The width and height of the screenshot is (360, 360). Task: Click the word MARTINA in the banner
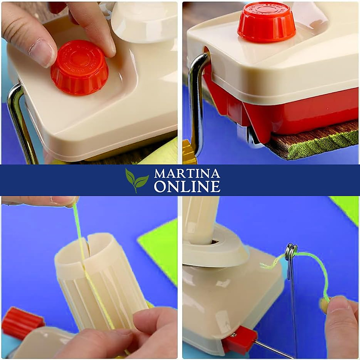[x=187, y=174]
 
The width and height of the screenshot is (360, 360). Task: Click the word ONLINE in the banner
[x=187, y=187]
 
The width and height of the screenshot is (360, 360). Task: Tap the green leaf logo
[x=136, y=180]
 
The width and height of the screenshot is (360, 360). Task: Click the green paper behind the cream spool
[x=159, y=246]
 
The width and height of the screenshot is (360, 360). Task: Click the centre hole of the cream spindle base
[x=215, y=241]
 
